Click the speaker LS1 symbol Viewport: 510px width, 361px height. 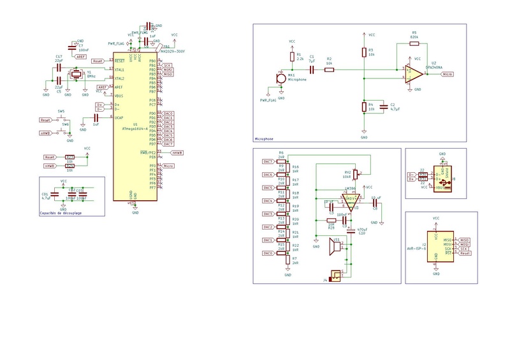(x=333, y=246)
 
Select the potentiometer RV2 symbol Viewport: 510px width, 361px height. (x=357, y=173)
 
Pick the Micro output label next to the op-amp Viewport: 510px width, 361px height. (x=448, y=75)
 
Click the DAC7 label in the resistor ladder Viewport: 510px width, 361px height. (x=268, y=161)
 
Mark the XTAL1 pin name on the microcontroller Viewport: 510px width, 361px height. (x=119, y=68)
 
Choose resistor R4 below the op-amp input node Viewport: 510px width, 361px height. (x=364, y=107)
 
